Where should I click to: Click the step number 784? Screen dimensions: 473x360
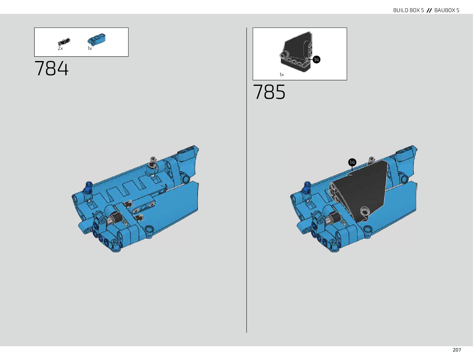click(x=51, y=68)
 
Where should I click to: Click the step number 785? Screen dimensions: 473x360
click(x=269, y=92)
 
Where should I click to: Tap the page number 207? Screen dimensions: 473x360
click(x=457, y=350)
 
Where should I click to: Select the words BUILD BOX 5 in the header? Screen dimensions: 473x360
click(x=408, y=10)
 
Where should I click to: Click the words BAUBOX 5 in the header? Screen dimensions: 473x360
click(x=447, y=10)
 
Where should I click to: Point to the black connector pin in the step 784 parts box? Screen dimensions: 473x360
click(x=64, y=42)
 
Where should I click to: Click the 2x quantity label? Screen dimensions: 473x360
click(x=60, y=48)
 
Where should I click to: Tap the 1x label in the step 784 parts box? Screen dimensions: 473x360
click(x=90, y=48)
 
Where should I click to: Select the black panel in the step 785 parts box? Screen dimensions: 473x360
click(x=296, y=52)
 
